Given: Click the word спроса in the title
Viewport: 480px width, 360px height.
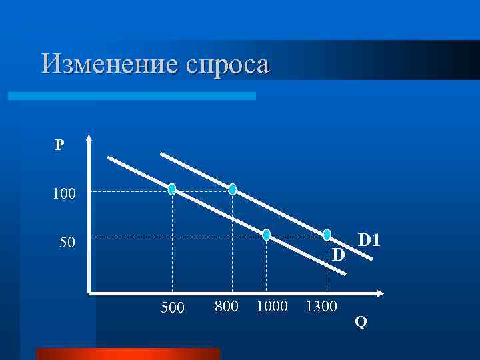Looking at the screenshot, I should (228, 65).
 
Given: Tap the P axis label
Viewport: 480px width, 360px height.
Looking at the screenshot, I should (60, 145).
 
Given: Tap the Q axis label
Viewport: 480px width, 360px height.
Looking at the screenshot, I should (361, 323).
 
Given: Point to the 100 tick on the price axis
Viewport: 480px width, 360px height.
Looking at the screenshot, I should (65, 195).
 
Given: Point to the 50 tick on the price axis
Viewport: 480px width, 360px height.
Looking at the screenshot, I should (66, 241).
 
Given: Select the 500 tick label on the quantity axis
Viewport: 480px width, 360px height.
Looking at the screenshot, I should (173, 308).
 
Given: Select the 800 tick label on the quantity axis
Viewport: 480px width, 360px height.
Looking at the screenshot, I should (227, 306).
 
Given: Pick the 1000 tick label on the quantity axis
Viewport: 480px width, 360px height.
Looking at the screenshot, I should (272, 306).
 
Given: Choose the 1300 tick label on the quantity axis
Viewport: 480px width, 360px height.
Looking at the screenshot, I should (321, 306).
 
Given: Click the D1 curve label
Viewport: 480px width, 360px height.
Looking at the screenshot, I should (369, 240).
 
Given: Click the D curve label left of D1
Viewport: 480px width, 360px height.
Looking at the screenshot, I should (339, 255).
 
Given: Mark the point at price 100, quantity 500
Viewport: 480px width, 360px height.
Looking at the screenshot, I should (173, 189).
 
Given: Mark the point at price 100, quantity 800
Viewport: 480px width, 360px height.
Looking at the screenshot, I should (233, 189).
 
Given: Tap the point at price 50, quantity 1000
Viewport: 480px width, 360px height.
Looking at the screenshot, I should (267, 235).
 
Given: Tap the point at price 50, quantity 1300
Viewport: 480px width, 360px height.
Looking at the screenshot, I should (327, 234).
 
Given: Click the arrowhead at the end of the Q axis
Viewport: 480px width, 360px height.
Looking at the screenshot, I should (381, 293).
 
